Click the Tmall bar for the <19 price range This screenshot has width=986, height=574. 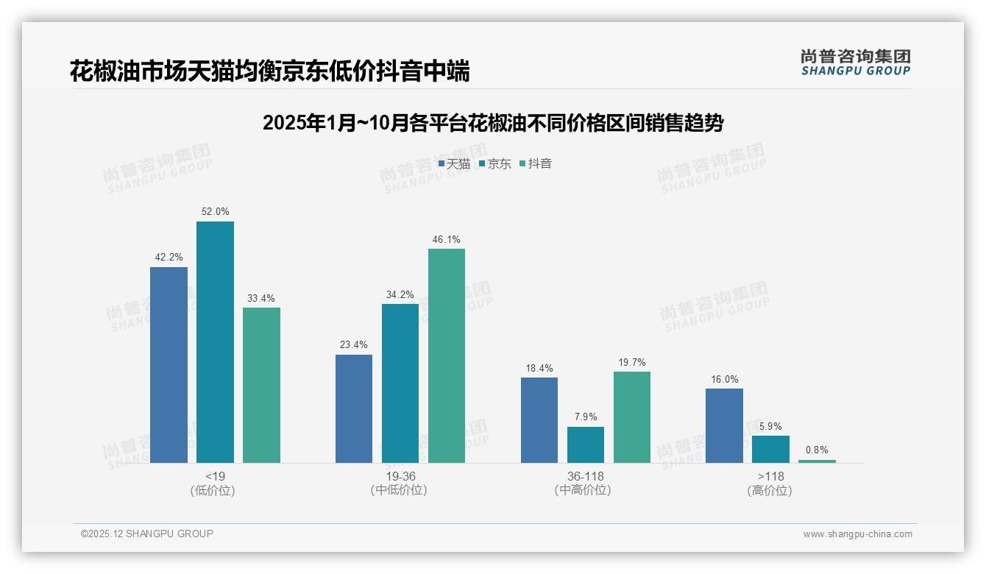coord(169,365)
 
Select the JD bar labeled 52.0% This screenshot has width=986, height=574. coord(215,342)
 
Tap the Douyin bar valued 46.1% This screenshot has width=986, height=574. coord(447,355)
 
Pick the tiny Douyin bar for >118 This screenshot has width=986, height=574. coord(817,461)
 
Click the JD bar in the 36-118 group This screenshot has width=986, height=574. coord(586,444)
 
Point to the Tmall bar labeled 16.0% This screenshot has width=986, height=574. coord(724,425)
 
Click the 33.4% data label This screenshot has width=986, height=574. coord(261,298)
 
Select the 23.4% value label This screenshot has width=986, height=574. coord(353,344)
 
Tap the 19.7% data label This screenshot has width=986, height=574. coord(632,362)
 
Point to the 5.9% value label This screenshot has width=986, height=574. coord(770,426)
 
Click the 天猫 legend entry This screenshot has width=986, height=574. coord(454,164)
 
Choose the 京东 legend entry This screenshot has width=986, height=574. coord(494,164)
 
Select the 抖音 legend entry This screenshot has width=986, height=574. coord(536,164)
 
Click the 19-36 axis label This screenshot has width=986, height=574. coord(400,476)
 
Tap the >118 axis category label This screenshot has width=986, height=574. coord(770,476)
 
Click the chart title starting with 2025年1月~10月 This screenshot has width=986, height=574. coord(493,123)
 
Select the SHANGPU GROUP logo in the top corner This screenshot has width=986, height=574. coord(855,63)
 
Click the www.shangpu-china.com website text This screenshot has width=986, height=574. coord(857,534)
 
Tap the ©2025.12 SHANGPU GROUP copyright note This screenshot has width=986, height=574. coord(147,534)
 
